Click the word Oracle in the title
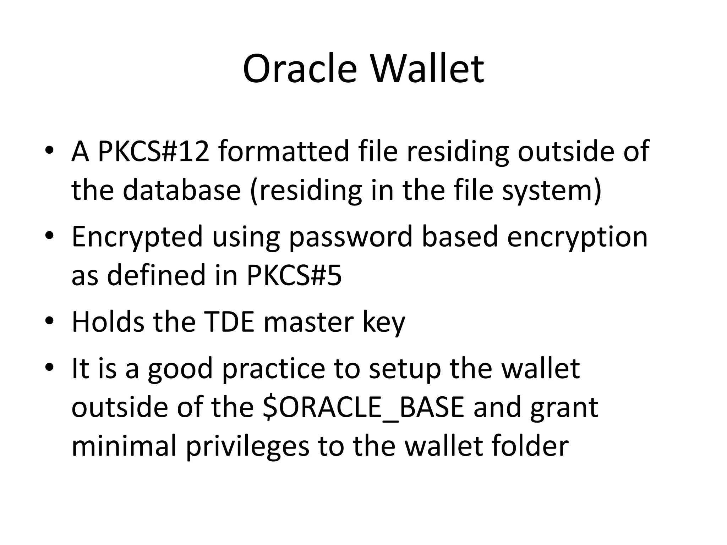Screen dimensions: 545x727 [300, 69]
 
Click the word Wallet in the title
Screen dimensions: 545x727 [427, 69]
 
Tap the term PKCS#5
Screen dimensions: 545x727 [294, 275]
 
